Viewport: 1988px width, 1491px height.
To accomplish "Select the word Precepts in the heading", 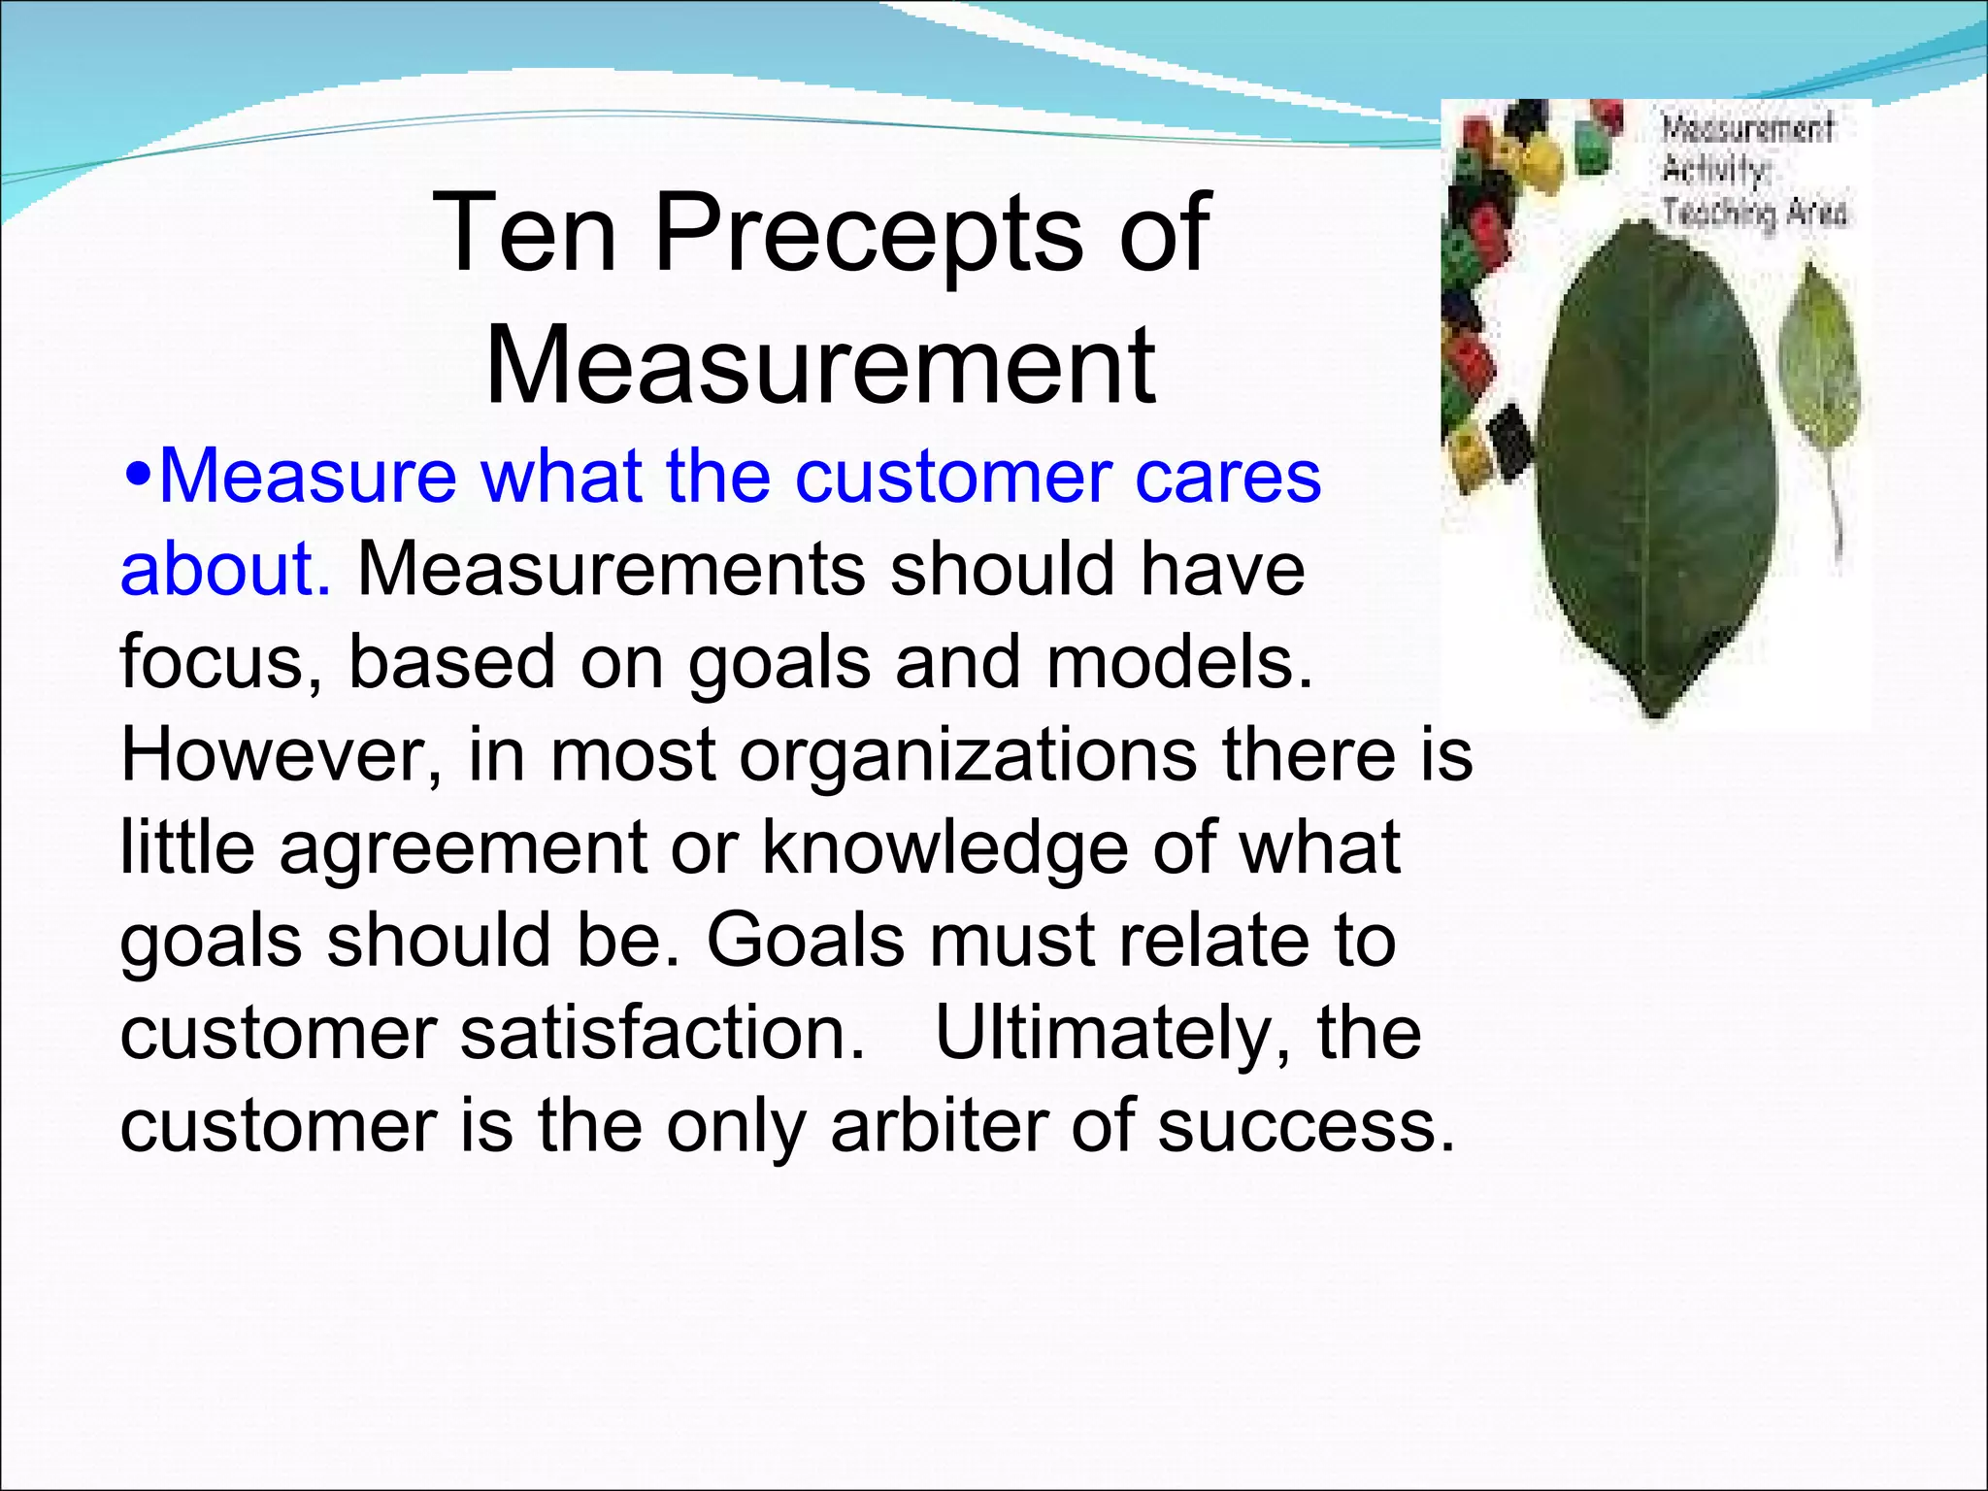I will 868,233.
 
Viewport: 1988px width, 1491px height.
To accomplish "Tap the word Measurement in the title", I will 820,366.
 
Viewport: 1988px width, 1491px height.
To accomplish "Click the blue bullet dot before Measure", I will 139,478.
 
